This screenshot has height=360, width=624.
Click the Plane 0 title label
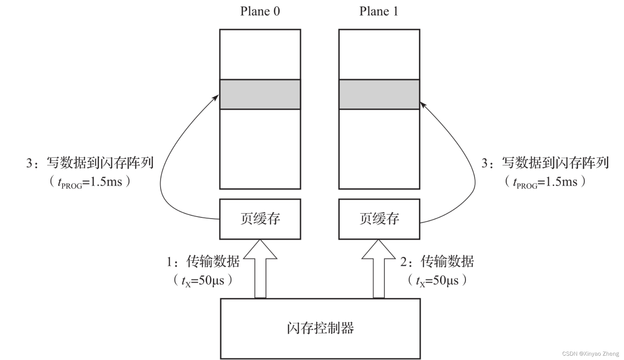coord(260,11)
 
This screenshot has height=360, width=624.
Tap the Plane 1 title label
coord(378,11)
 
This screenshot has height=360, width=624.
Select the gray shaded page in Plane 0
coord(260,94)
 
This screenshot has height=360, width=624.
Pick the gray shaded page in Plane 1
coord(379,94)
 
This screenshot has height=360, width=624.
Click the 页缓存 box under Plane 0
coord(260,219)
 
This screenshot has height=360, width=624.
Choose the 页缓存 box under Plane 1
coord(379,219)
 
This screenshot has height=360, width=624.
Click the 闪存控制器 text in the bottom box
coord(320,328)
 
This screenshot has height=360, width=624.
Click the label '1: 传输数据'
coord(203,262)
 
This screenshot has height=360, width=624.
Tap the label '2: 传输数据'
coord(437,262)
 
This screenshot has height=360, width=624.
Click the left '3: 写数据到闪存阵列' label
coord(90,163)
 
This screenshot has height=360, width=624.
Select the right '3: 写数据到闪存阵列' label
coord(545,163)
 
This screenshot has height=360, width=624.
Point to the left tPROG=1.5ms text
coord(90,182)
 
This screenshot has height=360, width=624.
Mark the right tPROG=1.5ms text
coord(545,182)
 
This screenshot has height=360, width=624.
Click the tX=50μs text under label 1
coord(203,281)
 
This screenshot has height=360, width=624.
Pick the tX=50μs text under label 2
coord(437,281)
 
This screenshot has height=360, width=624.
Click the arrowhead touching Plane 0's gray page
coord(216,97)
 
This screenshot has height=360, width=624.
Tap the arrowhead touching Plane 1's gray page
coord(423,105)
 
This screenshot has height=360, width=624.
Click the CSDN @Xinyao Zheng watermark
coord(590,354)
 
